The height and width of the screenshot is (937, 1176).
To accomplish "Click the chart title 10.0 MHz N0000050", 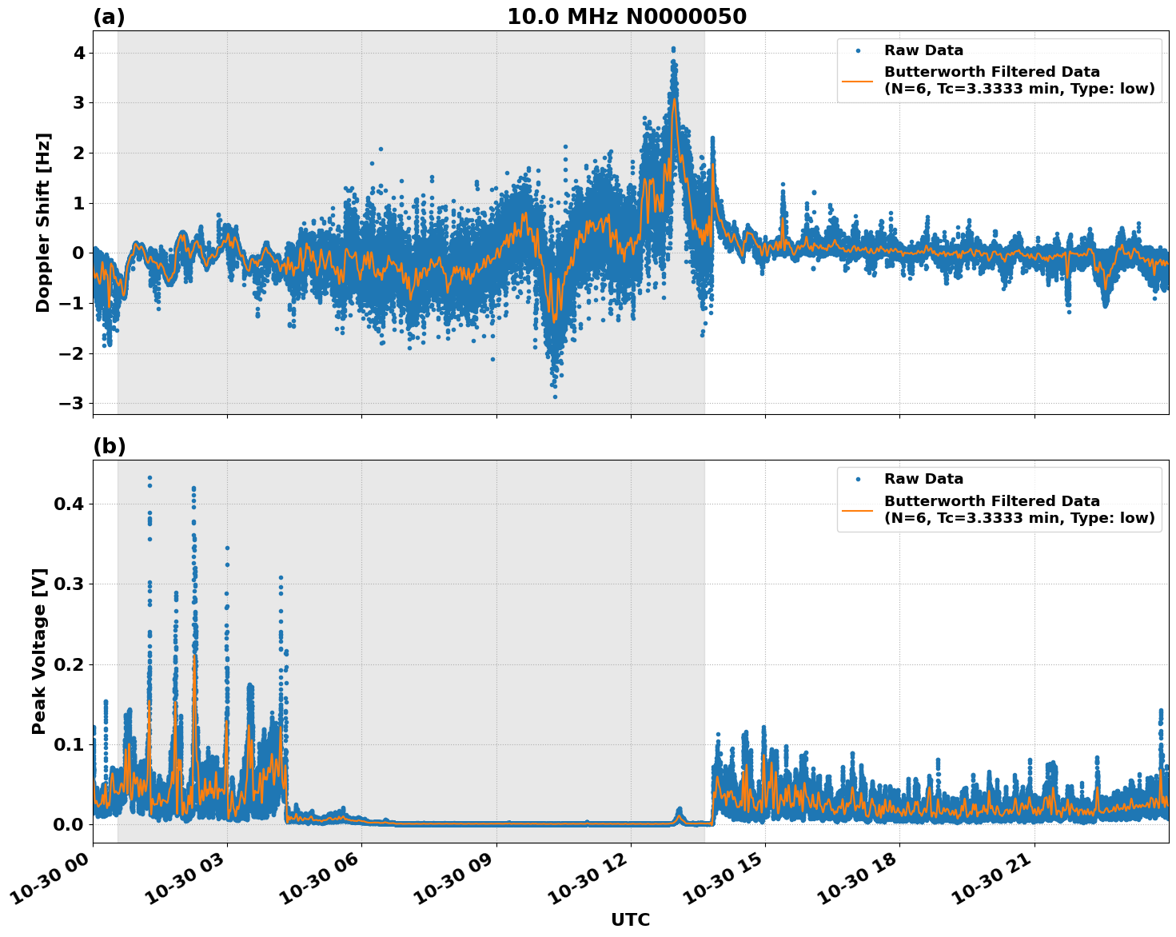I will tap(626, 17).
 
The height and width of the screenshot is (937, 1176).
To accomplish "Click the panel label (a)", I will tap(109, 17).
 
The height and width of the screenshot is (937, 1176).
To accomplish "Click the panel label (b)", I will tap(110, 446).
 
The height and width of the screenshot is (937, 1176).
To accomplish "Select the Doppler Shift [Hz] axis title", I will tap(43, 222).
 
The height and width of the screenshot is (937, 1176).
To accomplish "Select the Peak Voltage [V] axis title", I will tap(40, 651).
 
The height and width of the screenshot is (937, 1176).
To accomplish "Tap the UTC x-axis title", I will tap(630, 919).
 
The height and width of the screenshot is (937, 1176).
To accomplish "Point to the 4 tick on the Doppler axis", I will tap(79, 53).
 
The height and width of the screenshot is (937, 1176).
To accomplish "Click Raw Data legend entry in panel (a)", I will tap(923, 50).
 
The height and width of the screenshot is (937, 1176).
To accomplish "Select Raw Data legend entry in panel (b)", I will tap(923, 479).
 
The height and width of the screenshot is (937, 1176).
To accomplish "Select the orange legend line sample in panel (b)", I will tap(857, 509).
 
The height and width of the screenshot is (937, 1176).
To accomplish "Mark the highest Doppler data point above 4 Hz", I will tap(673, 49).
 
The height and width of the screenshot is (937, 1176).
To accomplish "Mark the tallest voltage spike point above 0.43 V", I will tap(149, 478).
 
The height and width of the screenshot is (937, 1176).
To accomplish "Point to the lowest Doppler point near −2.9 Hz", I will tap(555, 397).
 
